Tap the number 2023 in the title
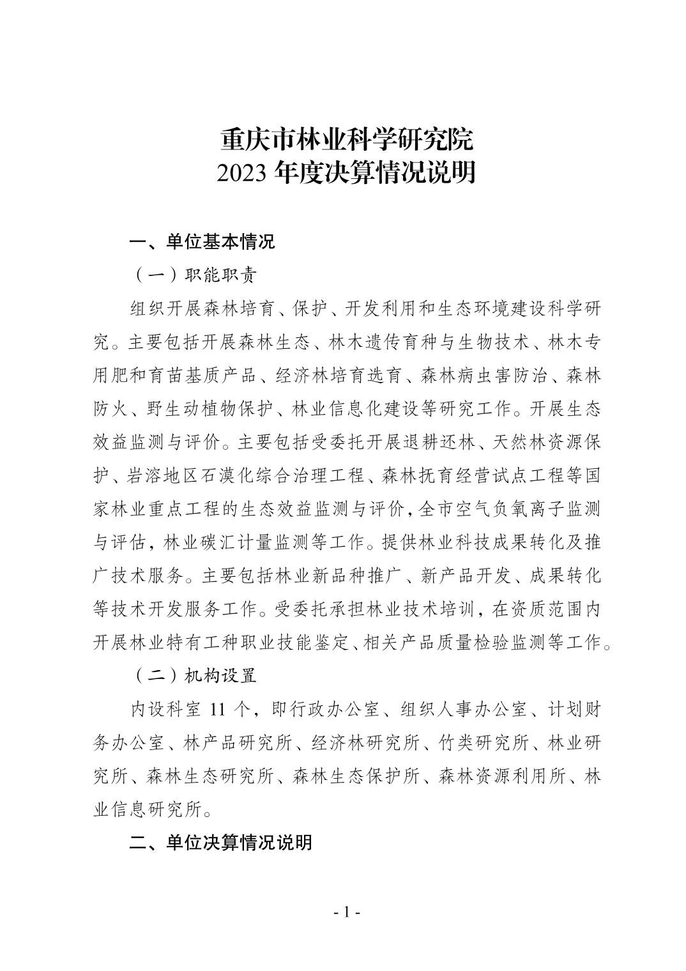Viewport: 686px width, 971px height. tap(243, 172)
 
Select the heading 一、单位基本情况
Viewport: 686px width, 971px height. tap(202, 242)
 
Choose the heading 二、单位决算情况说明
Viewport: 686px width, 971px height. tap(221, 842)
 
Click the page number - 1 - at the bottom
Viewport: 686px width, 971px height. tap(347, 912)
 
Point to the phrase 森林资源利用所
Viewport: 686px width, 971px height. tap(502, 776)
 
